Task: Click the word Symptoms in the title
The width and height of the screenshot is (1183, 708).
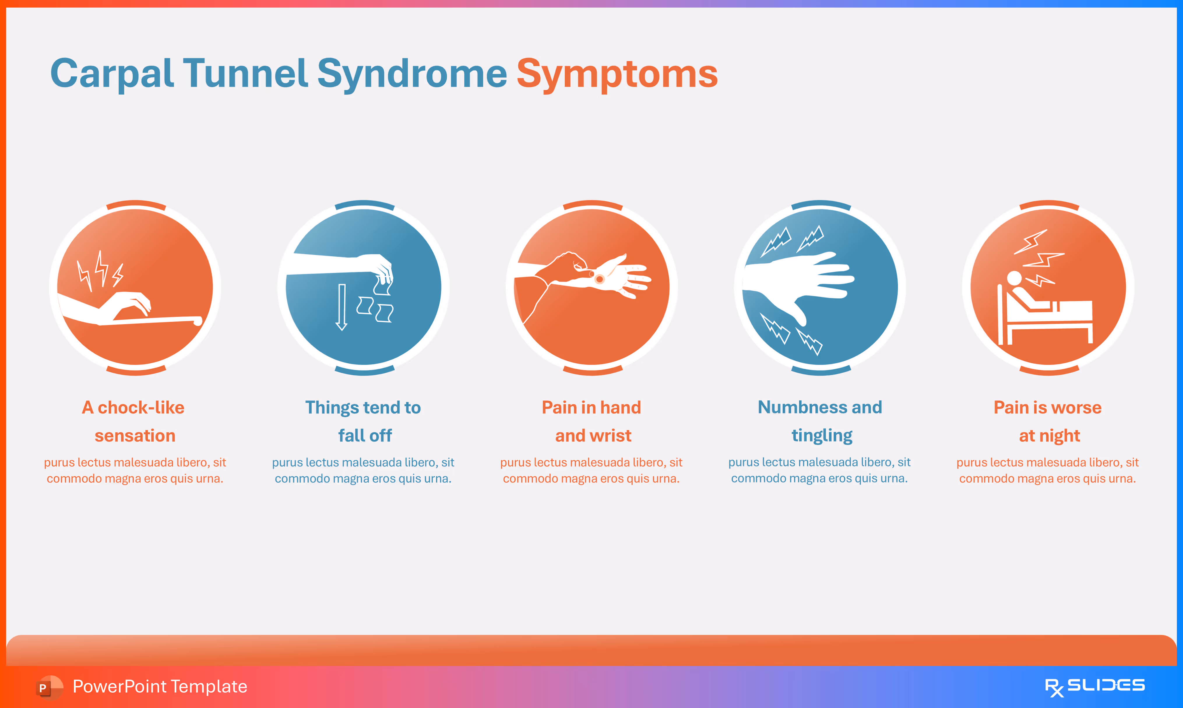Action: [617, 74]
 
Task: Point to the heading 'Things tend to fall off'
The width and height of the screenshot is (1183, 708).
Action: [363, 421]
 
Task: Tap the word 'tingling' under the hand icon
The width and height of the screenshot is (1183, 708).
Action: [822, 436]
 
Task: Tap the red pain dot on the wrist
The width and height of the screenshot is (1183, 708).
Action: [600, 279]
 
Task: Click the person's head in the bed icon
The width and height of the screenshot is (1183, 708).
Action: [1014, 278]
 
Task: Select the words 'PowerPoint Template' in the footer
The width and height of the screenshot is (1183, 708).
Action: [160, 686]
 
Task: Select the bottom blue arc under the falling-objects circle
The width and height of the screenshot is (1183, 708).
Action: [365, 371]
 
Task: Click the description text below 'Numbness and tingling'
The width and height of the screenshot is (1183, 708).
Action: [820, 471]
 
